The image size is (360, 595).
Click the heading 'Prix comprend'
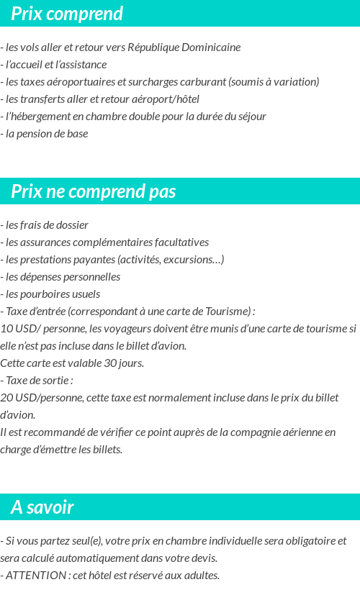pos(67,14)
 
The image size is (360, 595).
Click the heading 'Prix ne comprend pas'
pos(94,191)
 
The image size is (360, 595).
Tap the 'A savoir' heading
pos(42,507)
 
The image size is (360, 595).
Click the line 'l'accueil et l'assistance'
pos(54,65)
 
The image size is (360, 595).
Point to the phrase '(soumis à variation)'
pos(274,82)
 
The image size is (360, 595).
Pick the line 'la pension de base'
pos(46,134)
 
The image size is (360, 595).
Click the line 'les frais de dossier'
pos(46,225)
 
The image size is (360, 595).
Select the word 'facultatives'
pos(180,242)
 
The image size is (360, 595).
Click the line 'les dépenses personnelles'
pos(62,277)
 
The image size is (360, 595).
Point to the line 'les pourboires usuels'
pos(52,294)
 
